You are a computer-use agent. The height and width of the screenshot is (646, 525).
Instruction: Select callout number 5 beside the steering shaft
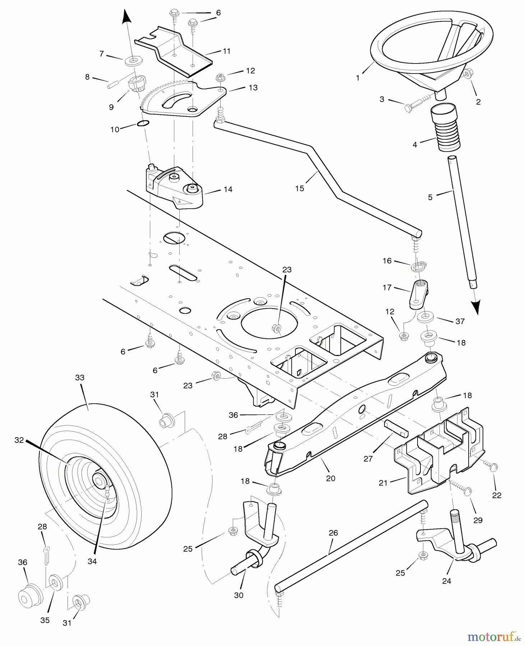tap(430, 197)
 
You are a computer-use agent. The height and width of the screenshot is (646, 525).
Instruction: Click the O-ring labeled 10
tap(143, 124)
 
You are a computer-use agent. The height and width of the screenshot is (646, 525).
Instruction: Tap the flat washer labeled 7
tap(133, 61)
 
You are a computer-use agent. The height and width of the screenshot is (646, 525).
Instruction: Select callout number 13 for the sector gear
tap(253, 88)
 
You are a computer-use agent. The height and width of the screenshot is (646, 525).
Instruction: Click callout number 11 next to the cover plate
tap(226, 51)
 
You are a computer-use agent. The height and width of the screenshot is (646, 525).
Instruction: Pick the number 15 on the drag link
tap(299, 188)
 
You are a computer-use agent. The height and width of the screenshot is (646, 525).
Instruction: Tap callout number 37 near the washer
tap(460, 321)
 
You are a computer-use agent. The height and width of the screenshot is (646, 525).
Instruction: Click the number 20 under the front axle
tap(331, 478)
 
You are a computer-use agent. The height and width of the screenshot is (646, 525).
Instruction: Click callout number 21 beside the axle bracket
tap(383, 483)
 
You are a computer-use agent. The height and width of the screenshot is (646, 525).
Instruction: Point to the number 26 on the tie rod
tap(333, 533)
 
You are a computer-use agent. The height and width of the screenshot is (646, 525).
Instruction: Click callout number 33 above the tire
tap(80, 377)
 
